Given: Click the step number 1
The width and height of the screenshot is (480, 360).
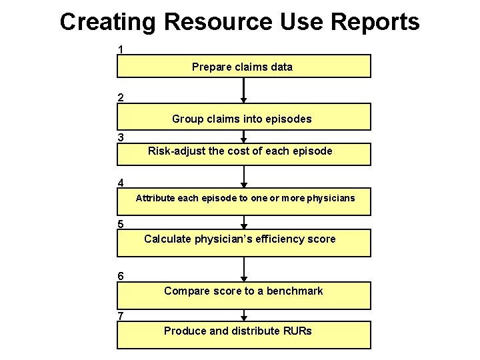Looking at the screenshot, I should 120,49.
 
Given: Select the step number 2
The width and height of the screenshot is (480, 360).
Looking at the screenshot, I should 120,97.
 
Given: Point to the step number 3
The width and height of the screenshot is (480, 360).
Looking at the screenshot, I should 120,137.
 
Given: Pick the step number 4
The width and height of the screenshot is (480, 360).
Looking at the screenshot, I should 120,182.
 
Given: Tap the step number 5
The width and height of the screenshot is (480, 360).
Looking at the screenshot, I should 120,224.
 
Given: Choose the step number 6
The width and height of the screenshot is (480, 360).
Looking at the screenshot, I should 120,276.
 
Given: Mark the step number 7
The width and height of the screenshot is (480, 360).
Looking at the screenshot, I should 120,315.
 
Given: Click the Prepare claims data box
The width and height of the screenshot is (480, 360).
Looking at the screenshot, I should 243,67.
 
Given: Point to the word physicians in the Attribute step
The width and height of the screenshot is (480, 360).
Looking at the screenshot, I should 331,198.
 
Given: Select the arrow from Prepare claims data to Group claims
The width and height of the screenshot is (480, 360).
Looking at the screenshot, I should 244,90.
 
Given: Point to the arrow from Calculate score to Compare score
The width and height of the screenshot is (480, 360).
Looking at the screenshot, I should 244,269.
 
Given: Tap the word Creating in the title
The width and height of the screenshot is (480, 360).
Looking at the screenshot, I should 108,21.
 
